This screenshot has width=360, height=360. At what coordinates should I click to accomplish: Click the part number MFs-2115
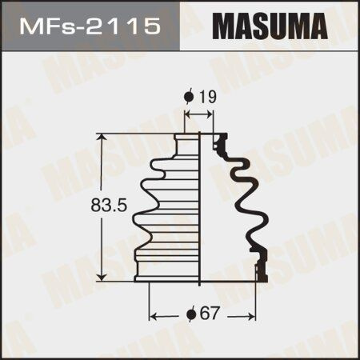click(x=90, y=26)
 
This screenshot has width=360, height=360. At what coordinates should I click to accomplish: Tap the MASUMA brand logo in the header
click(x=270, y=26)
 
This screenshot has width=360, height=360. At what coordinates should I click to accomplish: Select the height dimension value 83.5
click(x=109, y=206)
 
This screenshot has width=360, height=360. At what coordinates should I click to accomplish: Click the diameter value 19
click(x=208, y=97)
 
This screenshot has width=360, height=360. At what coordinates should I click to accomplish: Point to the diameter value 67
click(x=210, y=313)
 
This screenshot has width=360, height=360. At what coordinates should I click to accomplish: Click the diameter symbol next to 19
click(x=189, y=97)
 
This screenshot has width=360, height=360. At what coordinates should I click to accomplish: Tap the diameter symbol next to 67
click(x=190, y=314)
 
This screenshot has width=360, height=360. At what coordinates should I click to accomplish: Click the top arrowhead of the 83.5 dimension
click(x=102, y=138)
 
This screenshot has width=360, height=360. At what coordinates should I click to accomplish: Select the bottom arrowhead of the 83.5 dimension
click(x=102, y=277)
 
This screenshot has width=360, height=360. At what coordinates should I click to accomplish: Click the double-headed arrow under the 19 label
click(x=198, y=115)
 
